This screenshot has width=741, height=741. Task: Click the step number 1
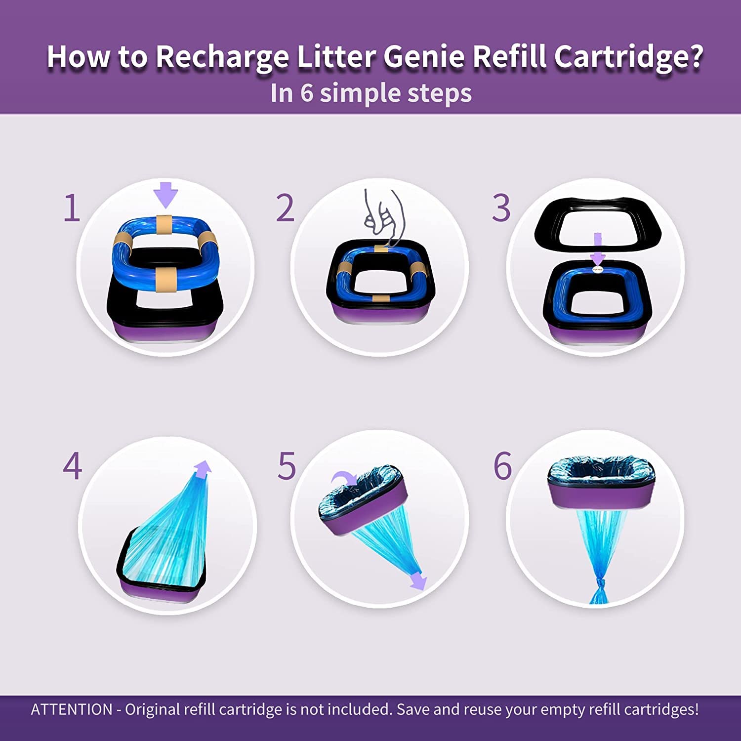tap(72, 208)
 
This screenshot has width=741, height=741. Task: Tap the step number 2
tap(285, 208)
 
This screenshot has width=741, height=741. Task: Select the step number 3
tap(501, 208)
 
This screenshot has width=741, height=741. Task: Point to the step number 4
tap(72, 466)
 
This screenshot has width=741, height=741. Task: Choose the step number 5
tap(287, 466)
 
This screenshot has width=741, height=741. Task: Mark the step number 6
tap(503, 466)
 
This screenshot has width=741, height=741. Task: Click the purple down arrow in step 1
tap(165, 195)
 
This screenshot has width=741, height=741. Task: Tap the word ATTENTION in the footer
tap(72, 709)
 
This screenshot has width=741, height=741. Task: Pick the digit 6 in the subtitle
tap(307, 93)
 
